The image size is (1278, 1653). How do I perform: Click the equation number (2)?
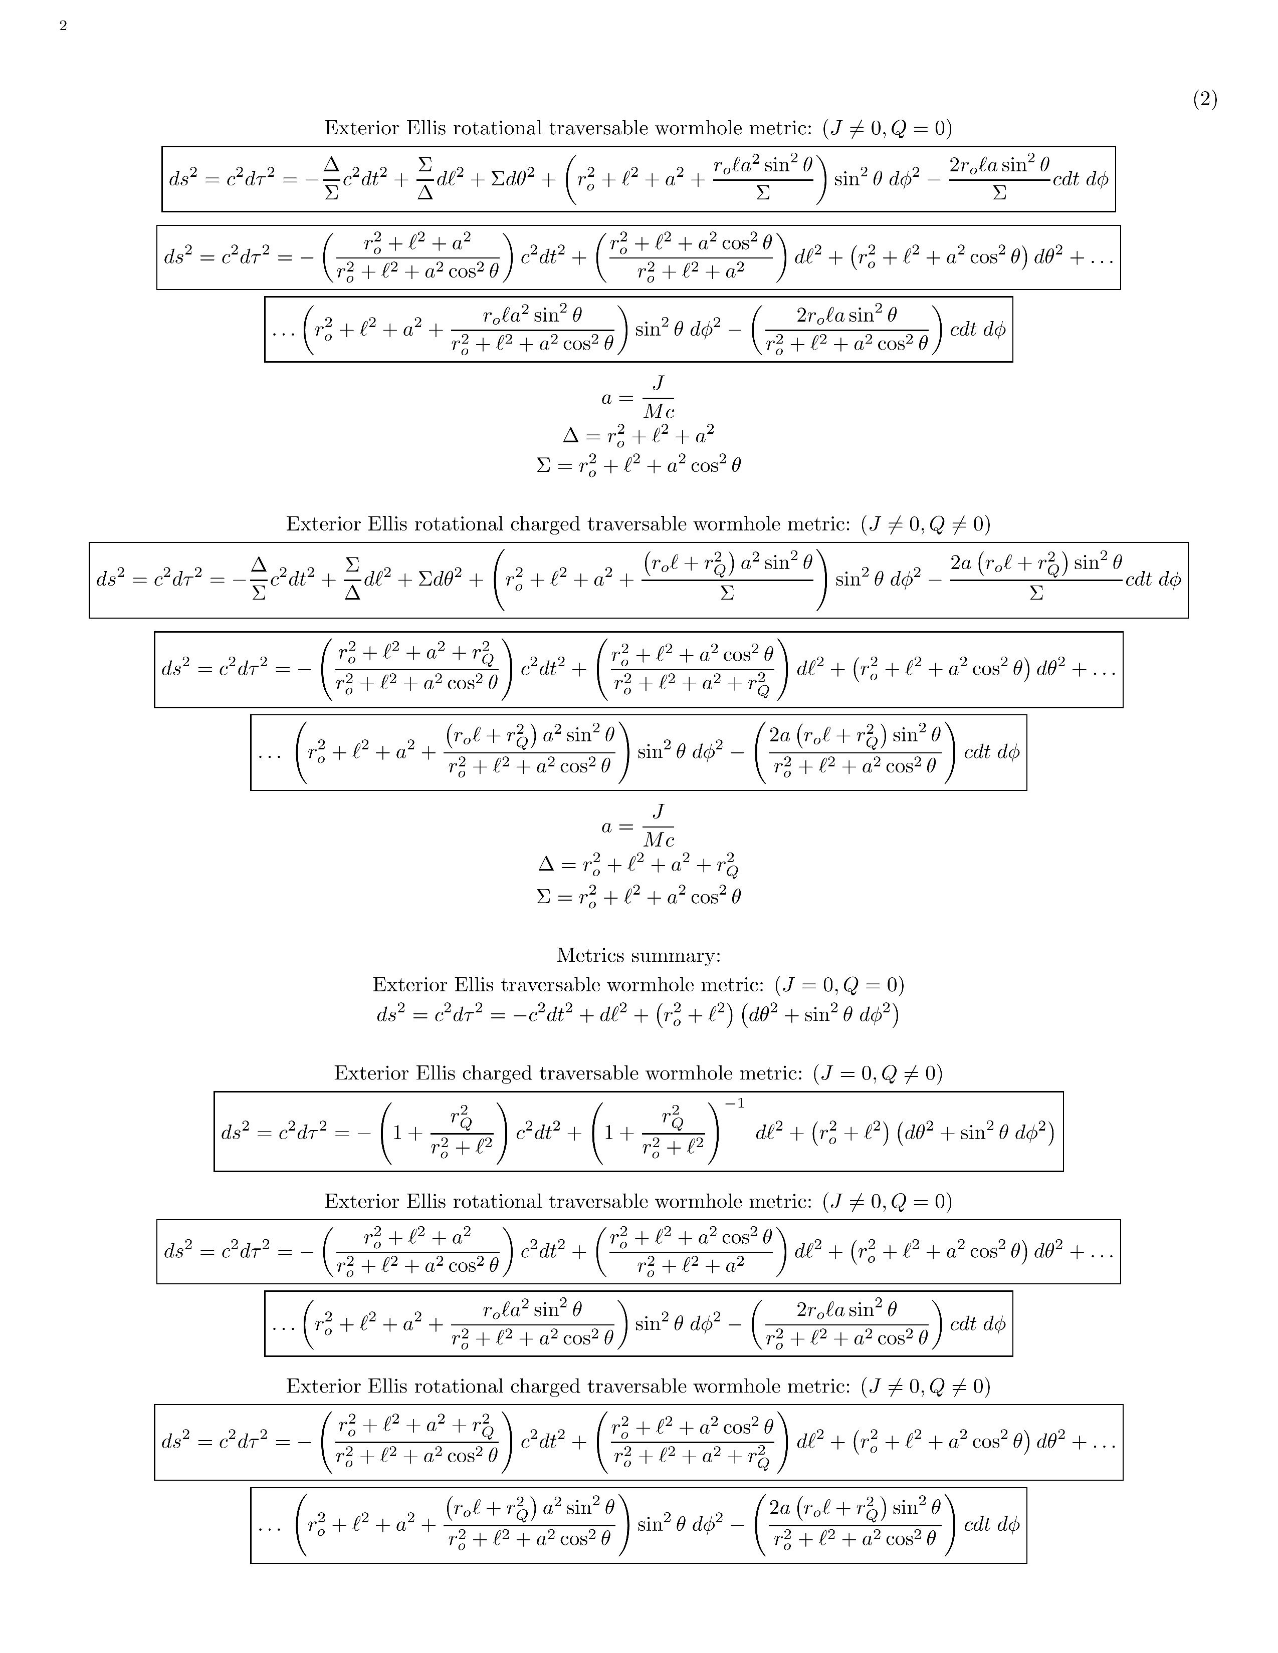[1204, 99]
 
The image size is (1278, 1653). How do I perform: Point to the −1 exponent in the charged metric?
[734, 1104]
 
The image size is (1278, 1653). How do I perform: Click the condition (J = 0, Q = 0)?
[839, 985]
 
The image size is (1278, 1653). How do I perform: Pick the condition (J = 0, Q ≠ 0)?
[878, 1073]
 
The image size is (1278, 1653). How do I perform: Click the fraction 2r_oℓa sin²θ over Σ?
[999, 179]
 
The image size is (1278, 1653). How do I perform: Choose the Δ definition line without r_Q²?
[638, 435]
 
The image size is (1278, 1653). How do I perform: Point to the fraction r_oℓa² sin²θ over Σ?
[763, 179]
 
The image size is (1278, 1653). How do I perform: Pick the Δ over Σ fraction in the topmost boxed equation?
[331, 179]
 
